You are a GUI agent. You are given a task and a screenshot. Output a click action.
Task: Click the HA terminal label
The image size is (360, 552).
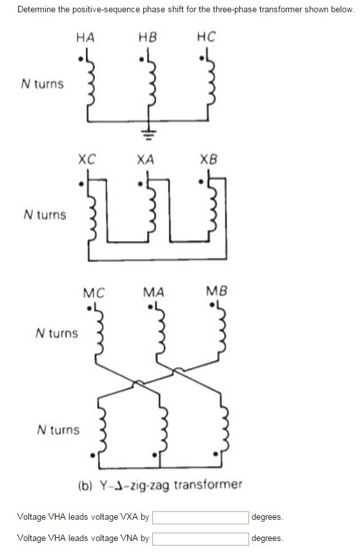point(85,37)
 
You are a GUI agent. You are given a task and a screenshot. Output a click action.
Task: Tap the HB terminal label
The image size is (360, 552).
point(147,37)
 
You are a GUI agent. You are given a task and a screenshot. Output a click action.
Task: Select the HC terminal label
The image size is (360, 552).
point(206,37)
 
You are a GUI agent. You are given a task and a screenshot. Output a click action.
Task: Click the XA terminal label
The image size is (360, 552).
point(145,159)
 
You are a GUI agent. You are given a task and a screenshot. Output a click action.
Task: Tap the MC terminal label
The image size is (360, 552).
point(94,292)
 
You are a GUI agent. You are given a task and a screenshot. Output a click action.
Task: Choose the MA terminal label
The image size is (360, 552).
point(153,292)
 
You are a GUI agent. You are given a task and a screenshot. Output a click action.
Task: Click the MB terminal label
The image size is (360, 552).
point(217,292)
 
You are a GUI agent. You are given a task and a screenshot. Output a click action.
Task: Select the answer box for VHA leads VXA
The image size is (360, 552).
point(201,517)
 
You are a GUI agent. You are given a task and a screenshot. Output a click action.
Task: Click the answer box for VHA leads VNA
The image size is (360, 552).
point(201,538)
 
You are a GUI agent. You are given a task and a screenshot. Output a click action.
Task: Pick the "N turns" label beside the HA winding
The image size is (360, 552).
point(43,84)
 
